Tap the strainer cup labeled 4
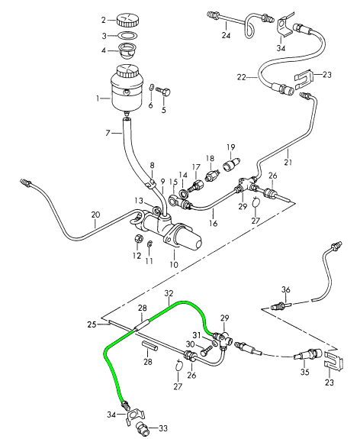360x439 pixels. [x=127, y=50]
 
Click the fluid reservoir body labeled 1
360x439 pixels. [x=127, y=89]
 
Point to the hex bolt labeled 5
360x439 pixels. [x=164, y=92]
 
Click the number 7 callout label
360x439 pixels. [x=108, y=133]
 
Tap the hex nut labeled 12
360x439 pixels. [x=138, y=239]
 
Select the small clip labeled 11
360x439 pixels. [x=149, y=244]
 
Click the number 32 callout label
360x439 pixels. [x=169, y=293]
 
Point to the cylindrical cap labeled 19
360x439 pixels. [x=230, y=164]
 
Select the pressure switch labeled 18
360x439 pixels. [x=211, y=176]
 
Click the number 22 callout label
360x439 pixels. [x=242, y=77]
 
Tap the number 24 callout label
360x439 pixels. [x=226, y=35]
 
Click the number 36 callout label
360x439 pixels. [x=285, y=289]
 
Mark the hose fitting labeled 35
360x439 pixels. [x=309, y=355]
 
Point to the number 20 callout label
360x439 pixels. [x=95, y=215]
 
